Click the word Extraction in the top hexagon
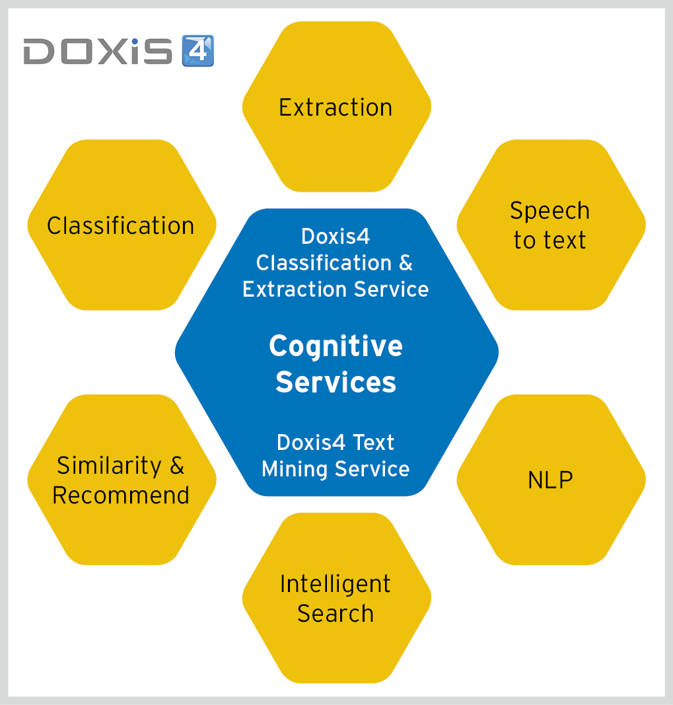[336, 108]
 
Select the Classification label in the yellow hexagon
[120, 225]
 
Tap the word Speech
[549, 211]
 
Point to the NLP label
[550, 480]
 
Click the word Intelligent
[336, 585]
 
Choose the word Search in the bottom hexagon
[336, 613]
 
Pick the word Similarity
[109, 466]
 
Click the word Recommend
[120, 495]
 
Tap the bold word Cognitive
[336, 347]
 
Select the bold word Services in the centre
[336, 382]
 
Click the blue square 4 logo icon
[198, 51]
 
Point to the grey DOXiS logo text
[98, 51]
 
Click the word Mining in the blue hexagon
[295, 470]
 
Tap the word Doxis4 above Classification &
[336, 237]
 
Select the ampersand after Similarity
[177, 465]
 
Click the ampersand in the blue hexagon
[406, 262]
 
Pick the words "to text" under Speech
[549, 240]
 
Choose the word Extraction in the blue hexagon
[296, 289]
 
